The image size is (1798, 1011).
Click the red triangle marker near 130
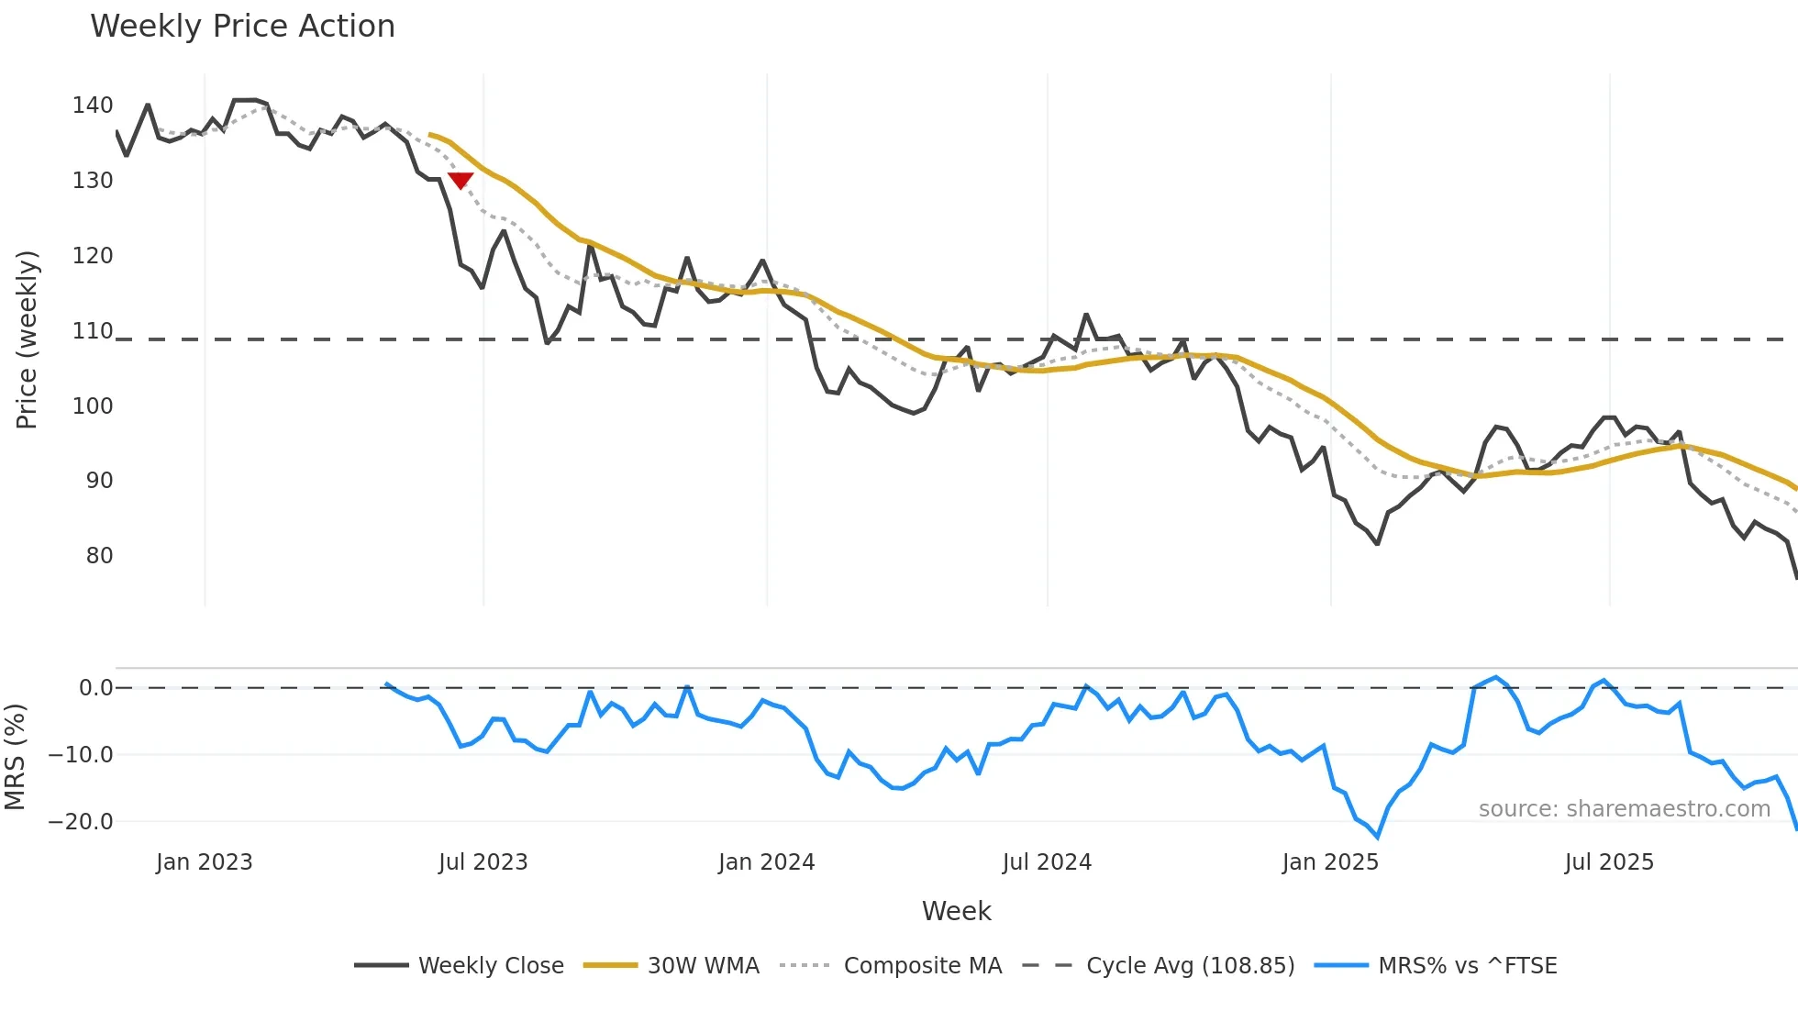[461, 181]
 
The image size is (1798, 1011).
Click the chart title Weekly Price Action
[242, 27]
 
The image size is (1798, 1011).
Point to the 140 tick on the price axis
[93, 106]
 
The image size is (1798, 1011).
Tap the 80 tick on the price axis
[99, 556]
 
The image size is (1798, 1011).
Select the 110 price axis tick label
[93, 331]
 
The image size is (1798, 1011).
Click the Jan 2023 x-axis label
[204, 862]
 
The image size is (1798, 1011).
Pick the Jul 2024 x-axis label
[1047, 862]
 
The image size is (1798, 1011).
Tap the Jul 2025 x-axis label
[1609, 862]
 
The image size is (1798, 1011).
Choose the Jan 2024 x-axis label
[766, 862]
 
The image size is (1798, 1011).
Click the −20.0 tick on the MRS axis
[81, 822]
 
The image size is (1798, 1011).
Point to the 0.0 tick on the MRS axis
[95, 688]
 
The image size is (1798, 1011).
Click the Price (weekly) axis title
[28, 339]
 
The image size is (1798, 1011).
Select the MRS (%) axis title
[16, 757]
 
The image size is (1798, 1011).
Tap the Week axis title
[956, 911]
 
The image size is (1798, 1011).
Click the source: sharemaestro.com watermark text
[1624, 809]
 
